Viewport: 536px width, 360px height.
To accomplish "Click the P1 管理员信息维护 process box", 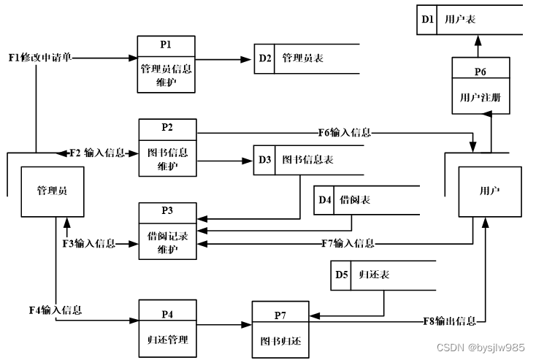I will click(x=166, y=64).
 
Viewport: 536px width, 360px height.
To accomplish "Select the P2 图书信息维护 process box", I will click(x=167, y=146).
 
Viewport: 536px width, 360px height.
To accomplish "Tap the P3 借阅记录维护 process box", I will click(x=167, y=230).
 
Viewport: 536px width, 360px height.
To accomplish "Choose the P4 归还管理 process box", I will click(x=167, y=326).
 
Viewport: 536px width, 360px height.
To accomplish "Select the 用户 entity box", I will click(x=489, y=191).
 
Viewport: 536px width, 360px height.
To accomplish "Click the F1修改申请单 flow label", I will click(x=41, y=57).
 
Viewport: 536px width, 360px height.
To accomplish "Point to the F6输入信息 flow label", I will click(x=344, y=133).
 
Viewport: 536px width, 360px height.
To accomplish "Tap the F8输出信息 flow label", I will click(x=450, y=321).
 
